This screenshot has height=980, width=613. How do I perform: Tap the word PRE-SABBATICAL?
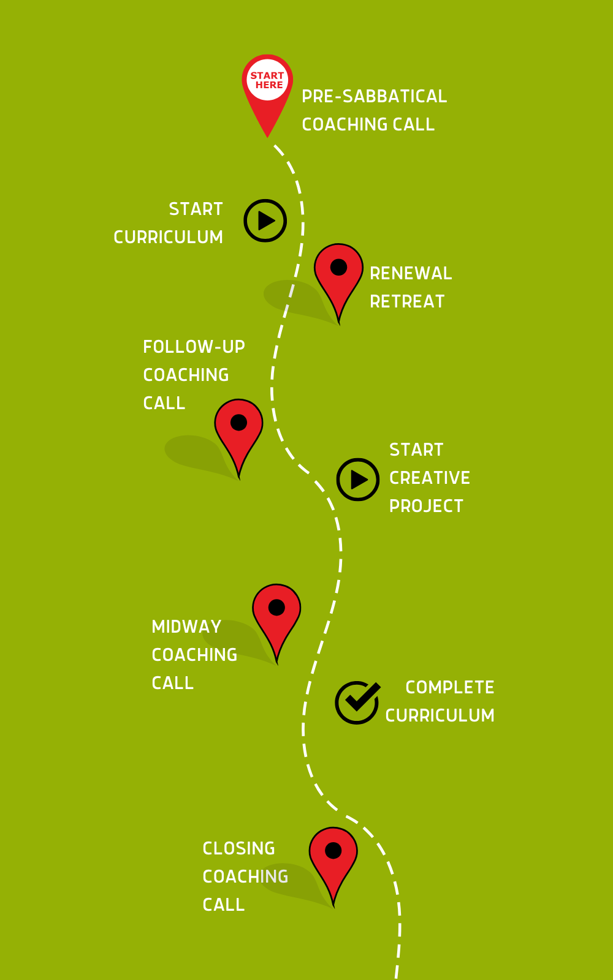[x=374, y=97]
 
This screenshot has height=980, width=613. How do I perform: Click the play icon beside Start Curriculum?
[x=265, y=221]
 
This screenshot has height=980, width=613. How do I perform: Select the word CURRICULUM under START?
[x=169, y=238]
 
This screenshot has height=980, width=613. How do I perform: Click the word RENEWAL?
[x=411, y=274]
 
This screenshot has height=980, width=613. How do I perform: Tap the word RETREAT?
[x=407, y=302]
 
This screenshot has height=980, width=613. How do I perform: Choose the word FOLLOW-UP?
[x=194, y=347]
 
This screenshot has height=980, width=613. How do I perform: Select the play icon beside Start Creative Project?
[x=358, y=480]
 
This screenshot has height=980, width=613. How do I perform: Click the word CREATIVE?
[x=430, y=478]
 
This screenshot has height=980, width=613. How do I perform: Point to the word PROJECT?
[x=426, y=507]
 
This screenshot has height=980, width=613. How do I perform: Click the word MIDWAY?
[x=186, y=627]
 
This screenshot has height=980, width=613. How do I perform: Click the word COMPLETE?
[x=450, y=688]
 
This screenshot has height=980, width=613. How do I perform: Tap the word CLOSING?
[x=238, y=849]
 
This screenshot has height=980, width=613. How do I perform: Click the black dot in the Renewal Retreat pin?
[x=338, y=267]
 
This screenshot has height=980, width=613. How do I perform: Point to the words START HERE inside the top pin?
[x=268, y=80]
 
